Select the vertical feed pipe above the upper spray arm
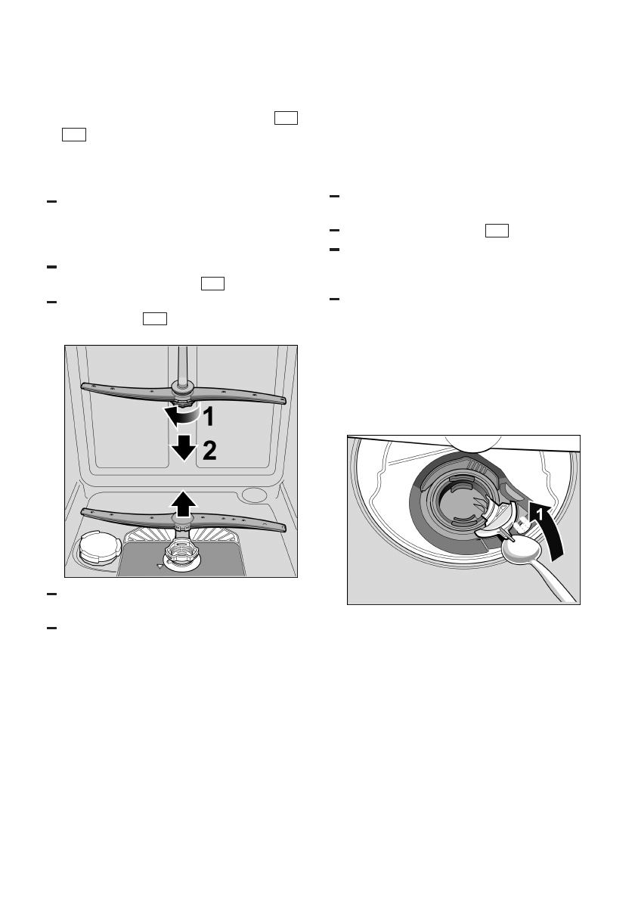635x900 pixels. click(x=181, y=363)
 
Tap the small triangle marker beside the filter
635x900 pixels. click(x=159, y=564)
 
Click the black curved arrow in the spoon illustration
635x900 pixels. click(x=548, y=529)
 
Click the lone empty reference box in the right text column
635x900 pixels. click(x=497, y=231)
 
